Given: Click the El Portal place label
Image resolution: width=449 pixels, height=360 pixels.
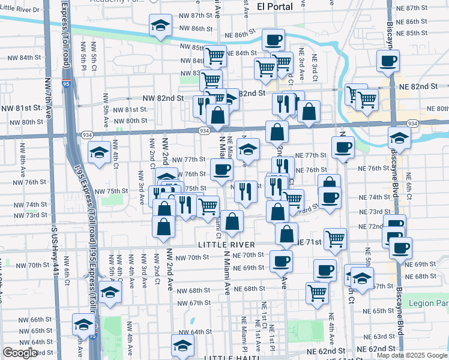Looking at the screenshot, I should tap(274, 7).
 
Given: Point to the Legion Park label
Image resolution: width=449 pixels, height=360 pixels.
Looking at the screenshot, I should tap(429, 304).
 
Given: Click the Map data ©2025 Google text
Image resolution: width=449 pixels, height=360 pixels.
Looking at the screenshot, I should tap(412, 355).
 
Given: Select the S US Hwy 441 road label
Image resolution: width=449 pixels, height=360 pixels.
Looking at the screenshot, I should tap(55, 252).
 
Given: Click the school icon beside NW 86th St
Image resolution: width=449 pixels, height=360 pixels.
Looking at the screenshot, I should tap(160, 26).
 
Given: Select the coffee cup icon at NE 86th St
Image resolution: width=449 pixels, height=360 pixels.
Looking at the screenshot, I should tap(273, 40).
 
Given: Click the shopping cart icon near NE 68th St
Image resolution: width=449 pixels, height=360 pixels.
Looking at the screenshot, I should tap(316, 292).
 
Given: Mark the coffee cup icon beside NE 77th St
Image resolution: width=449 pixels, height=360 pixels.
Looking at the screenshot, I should tap(343, 147).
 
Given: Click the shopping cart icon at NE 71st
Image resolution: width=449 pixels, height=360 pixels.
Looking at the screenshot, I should tap(335, 238).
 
